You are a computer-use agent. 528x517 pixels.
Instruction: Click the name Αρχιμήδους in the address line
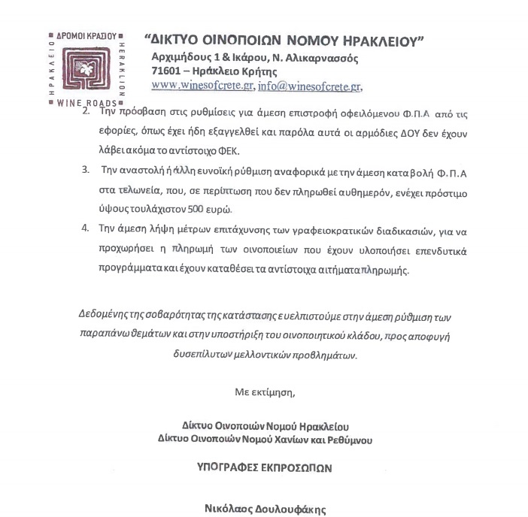pos(182,58)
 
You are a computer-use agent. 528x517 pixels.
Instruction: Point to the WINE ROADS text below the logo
pos(87,103)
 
